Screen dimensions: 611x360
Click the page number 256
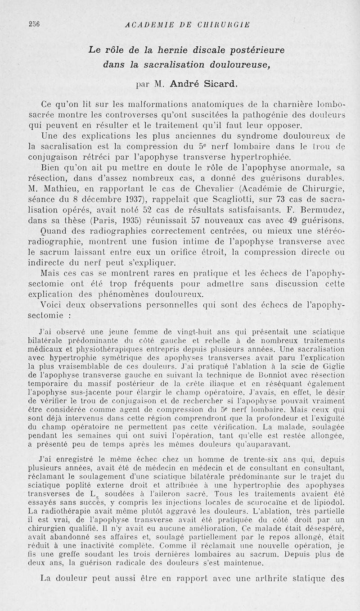(x=19, y=24)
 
